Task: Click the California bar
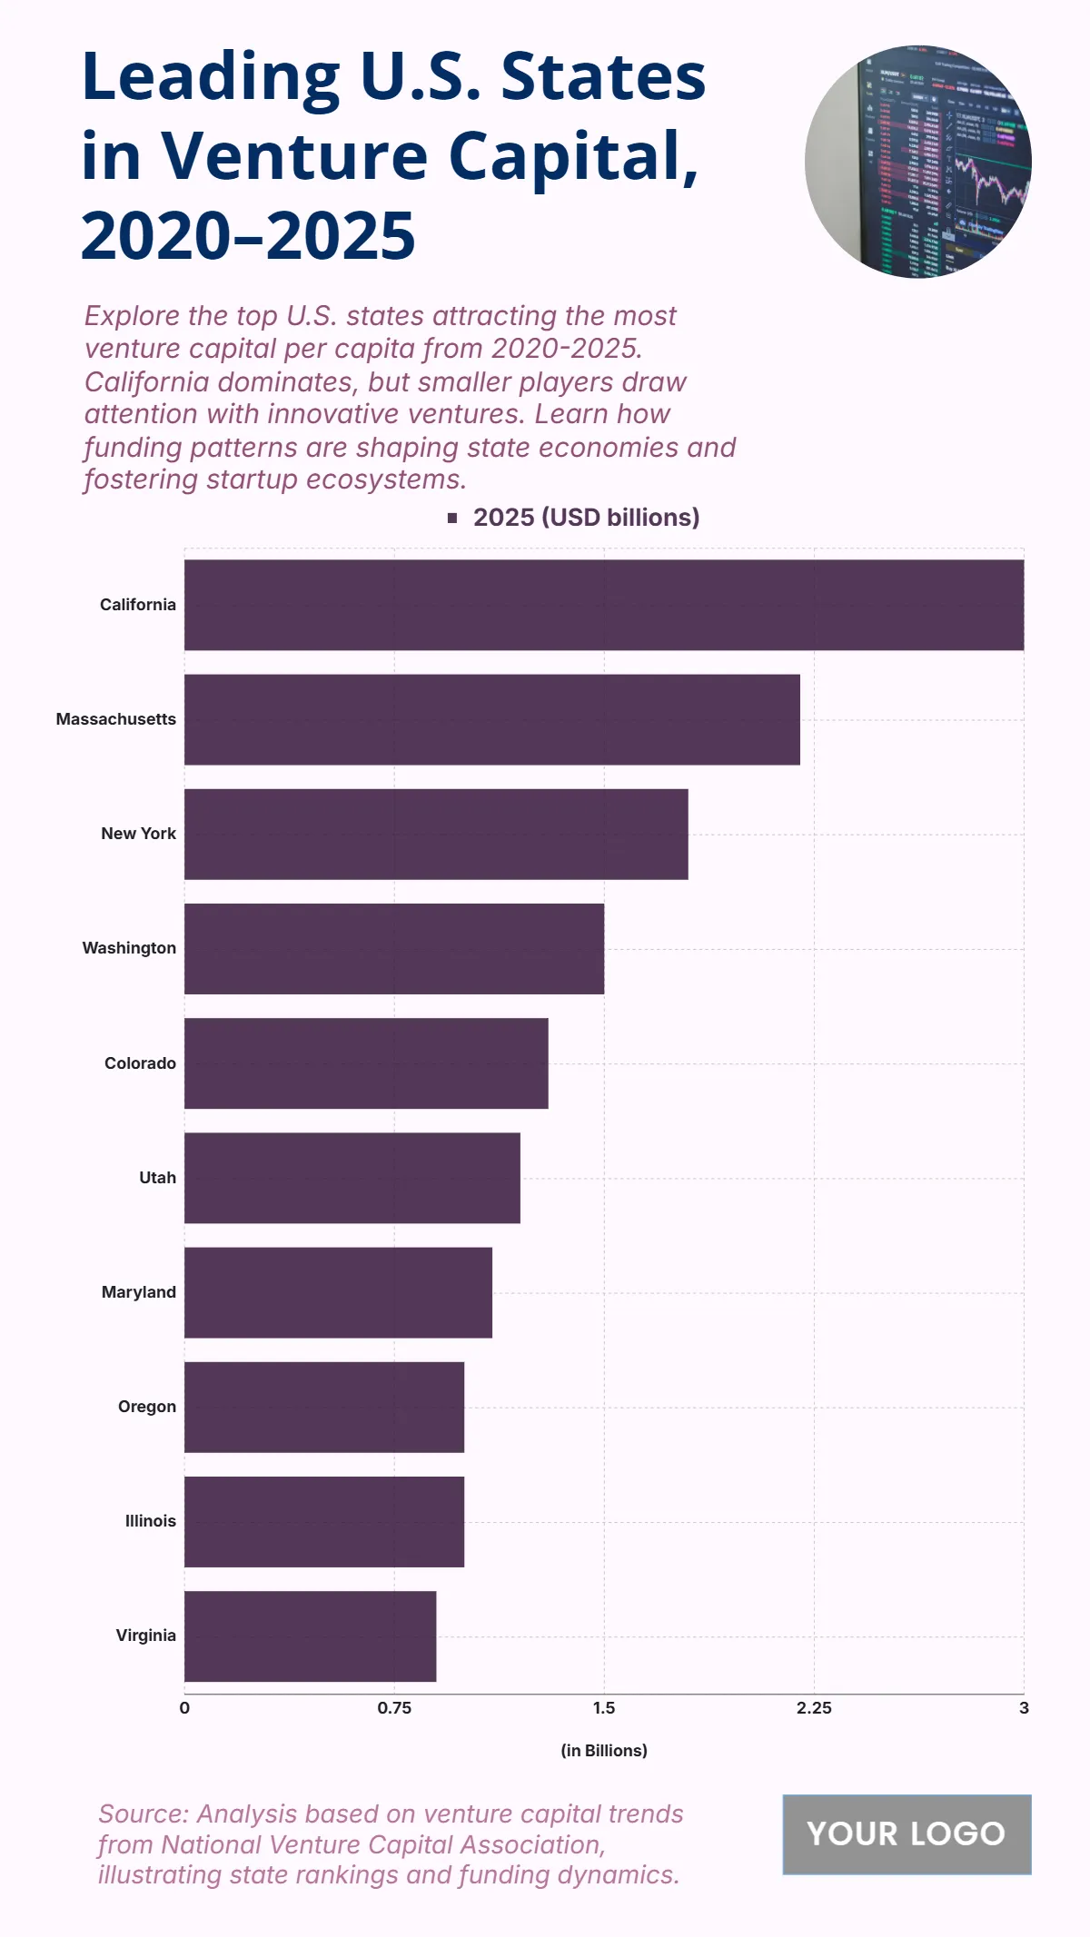604,605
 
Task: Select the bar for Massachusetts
492,719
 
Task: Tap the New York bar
436,834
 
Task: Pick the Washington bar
394,948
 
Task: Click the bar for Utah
352,1178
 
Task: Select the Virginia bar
310,1636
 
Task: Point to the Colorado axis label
140,1063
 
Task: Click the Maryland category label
139,1292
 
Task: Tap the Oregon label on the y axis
147,1407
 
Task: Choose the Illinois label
151,1521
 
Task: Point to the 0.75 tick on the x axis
394,1708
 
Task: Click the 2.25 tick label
814,1708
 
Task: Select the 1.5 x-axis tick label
604,1708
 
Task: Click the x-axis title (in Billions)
604,1750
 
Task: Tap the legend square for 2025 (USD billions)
452,518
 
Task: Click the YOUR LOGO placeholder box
907,1833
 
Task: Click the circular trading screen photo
917,162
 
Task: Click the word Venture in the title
294,156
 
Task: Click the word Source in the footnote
143,1813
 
